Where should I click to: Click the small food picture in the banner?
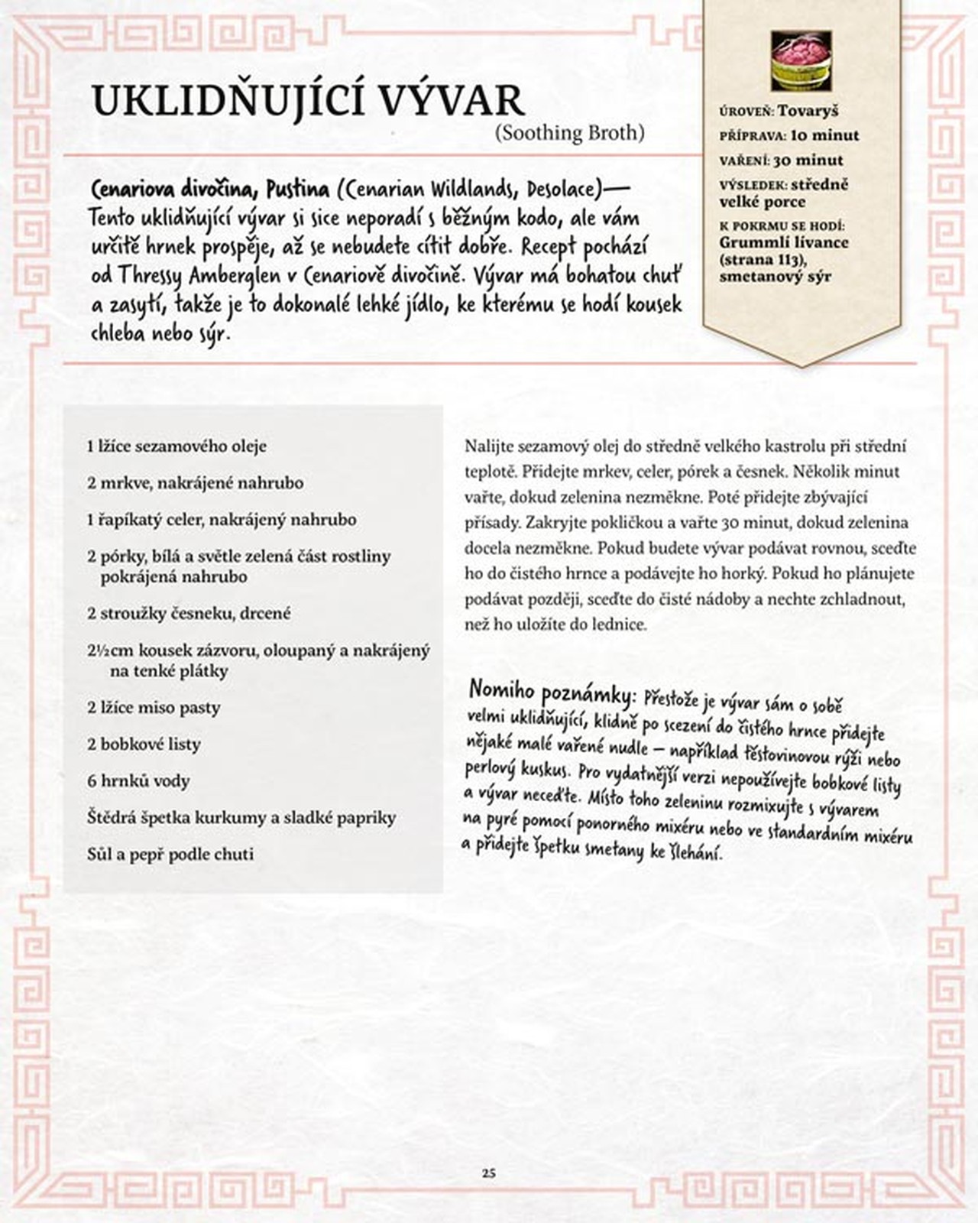coord(801,61)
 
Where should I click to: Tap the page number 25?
coord(489,1173)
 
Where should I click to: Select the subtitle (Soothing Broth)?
coord(569,133)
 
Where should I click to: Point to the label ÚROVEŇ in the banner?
coord(746,112)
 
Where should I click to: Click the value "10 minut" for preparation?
coord(824,135)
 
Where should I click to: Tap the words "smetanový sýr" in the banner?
coord(775,276)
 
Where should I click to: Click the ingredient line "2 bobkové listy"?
coord(144,744)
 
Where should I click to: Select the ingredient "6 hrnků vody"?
coord(138,780)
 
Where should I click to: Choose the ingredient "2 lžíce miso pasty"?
coord(154,707)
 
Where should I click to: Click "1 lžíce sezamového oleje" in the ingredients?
coord(176,446)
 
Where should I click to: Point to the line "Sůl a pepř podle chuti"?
coord(170,854)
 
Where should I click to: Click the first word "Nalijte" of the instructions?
coord(488,446)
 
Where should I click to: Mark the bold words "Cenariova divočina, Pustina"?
coord(210,189)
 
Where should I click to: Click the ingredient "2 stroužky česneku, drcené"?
coord(189,613)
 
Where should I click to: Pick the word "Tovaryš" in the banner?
coord(808,111)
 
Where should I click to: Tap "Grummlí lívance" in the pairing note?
coord(783,242)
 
